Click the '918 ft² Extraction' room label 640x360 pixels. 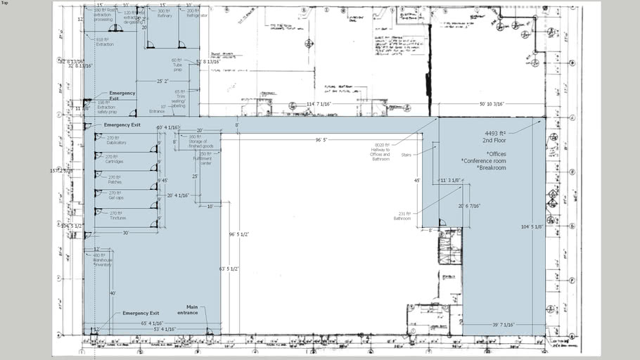[x=104, y=41]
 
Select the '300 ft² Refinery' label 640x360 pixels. [x=164, y=13]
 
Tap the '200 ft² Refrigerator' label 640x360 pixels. [x=192, y=13]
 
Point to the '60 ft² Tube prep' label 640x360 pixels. [x=177, y=65]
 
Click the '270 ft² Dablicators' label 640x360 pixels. [x=115, y=140]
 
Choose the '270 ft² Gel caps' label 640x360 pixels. [x=115, y=195]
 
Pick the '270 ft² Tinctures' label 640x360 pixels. [x=117, y=215]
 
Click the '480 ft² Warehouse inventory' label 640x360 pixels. [x=103, y=259]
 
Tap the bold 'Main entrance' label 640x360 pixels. [x=187, y=310]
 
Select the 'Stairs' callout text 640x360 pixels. [x=406, y=155]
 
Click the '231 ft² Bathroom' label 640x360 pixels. [x=402, y=216]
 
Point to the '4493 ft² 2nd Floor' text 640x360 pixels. [x=495, y=136]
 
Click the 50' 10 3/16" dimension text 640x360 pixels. [x=492, y=104]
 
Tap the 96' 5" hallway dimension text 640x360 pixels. [x=321, y=140]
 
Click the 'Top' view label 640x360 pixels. [x=5, y=3]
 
